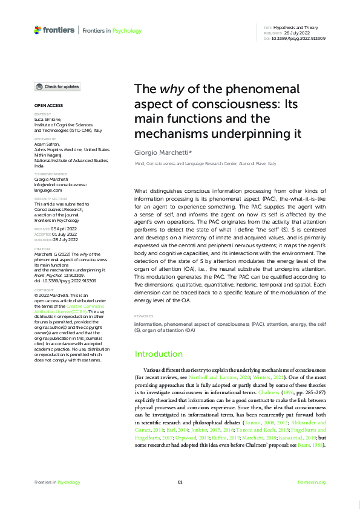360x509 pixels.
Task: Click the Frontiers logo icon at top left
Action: coord(38,30)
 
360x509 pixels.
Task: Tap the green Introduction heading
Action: coord(159,354)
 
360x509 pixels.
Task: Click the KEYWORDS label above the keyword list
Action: coord(143,316)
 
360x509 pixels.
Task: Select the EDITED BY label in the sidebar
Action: coord(42,114)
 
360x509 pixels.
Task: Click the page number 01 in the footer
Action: coord(180,482)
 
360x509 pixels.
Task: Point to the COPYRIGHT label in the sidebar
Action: coord(44,290)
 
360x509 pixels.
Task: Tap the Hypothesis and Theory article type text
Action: coord(301,28)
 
